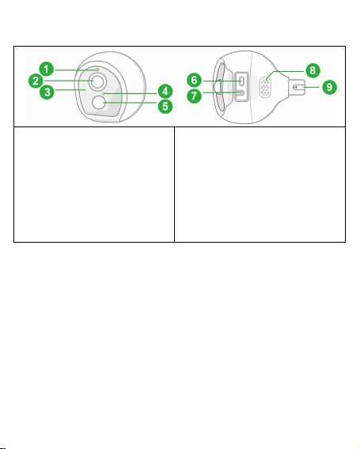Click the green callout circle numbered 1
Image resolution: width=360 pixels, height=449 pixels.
coord(47,69)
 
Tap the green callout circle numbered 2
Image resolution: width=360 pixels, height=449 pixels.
coord(36,81)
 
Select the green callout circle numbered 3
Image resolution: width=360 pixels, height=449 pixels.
coord(47,92)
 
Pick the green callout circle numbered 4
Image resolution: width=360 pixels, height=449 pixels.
coord(165,92)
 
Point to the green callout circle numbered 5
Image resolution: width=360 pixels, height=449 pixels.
coord(165,106)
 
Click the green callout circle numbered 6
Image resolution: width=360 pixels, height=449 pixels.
coord(194,80)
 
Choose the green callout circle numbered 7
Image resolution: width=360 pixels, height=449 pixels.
coord(194,96)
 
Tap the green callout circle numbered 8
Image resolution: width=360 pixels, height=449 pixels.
coord(313,70)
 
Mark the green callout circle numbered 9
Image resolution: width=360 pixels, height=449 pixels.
coord(329,87)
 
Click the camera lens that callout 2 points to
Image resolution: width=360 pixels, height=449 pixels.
coord(98,81)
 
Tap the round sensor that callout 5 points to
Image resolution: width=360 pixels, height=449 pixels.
coord(99,103)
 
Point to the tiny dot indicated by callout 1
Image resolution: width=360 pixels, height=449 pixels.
coord(97,70)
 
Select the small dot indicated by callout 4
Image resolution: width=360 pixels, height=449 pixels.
coord(104,93)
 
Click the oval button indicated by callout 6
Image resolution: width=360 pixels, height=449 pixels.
coord(241,81)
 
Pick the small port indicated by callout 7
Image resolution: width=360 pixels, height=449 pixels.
coord(242,92)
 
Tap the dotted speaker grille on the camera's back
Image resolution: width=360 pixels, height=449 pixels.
coord(265,88)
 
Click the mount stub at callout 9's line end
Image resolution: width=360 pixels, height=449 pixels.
coord(297,87)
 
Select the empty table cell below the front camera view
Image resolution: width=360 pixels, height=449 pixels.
coord(94,184)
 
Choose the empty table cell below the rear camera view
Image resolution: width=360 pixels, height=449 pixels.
coord(260,184)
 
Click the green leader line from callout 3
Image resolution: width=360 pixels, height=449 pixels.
coord(70,90)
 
